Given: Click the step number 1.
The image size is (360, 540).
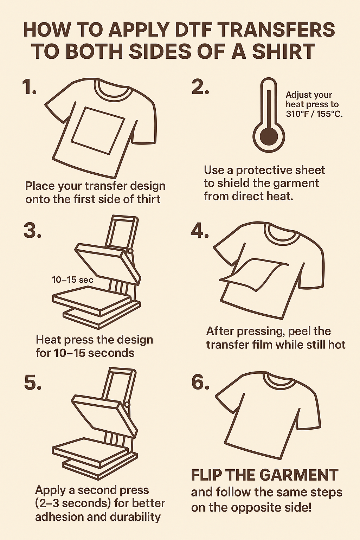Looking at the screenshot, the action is pyautogui.click(x=29, y=87).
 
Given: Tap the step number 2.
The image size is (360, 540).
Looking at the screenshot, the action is pyautogui.click(x=200, y=87).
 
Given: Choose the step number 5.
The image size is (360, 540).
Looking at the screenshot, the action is pyautogui.click(x=33, y=382).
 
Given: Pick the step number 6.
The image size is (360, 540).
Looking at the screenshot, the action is pyautogui.click(x=200, y=381).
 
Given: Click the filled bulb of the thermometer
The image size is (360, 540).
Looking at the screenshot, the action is pyautogui.click(x=269, y=136).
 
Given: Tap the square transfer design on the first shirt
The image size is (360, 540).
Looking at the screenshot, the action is pyautogui.click(x=98, y=130).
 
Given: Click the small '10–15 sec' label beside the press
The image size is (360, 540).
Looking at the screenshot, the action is pyautogui.click(x=72, y=280).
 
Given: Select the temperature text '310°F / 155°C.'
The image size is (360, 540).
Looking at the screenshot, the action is pyautogui.click(x=314, y=114).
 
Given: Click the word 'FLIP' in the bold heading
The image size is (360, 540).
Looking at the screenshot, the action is pyautogui.click(x=206, y=475).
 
